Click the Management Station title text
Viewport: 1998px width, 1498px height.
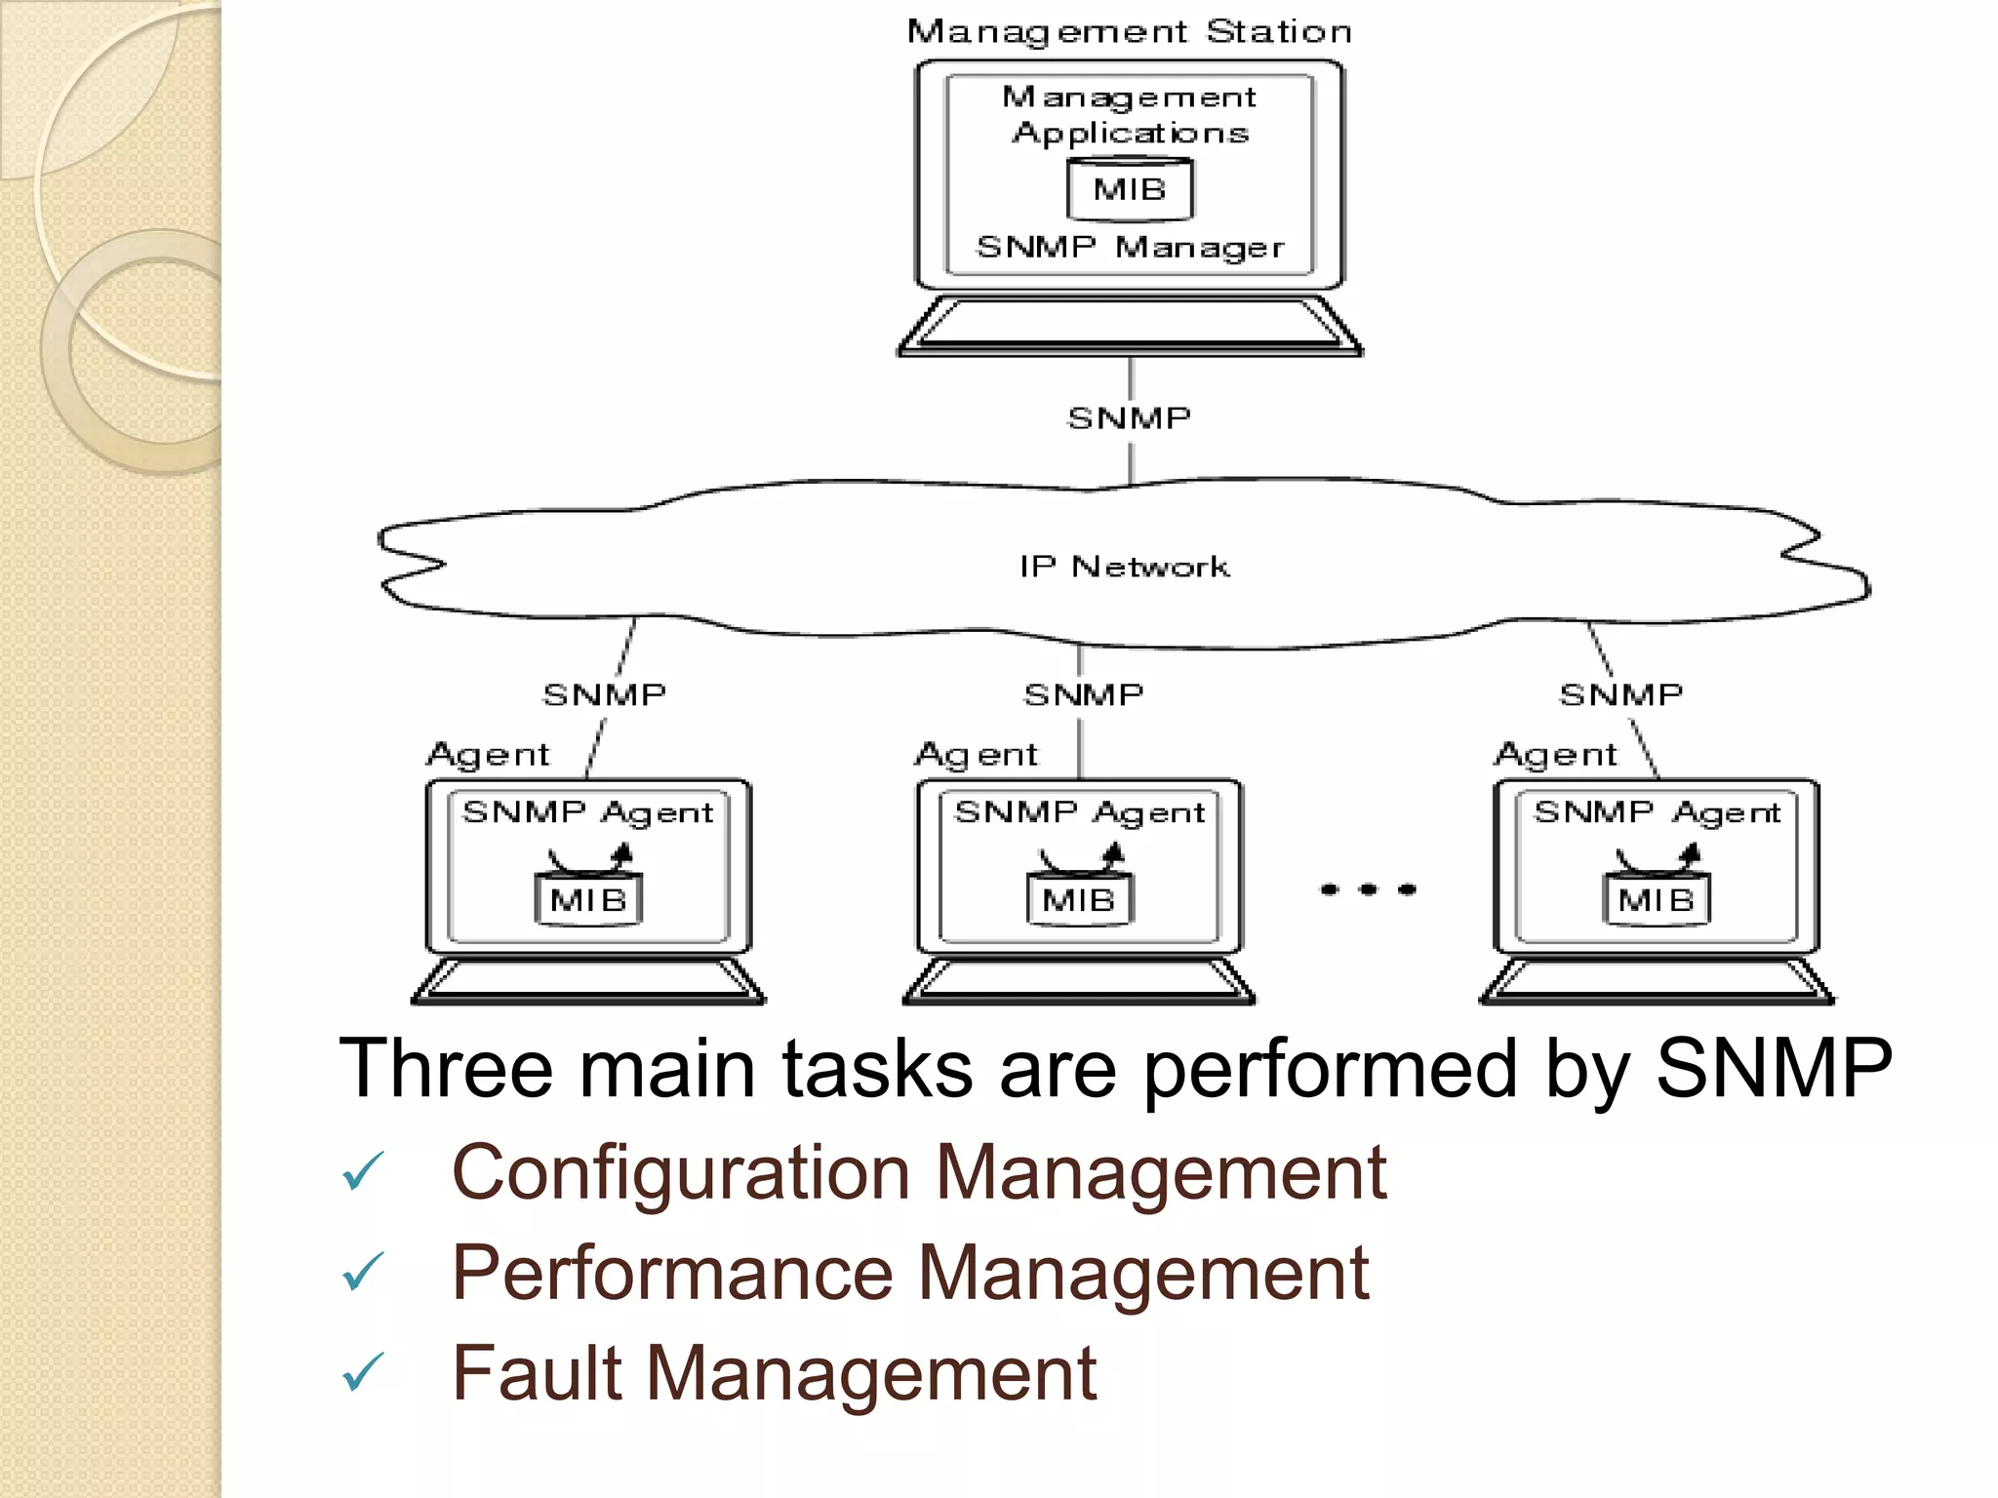(1129, 32)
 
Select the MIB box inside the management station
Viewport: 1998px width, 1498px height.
(1129, 189)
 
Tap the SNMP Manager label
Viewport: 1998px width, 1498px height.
(1130, 248)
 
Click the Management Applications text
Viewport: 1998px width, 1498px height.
(1130, 115)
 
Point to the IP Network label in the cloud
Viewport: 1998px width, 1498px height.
(1124, 567)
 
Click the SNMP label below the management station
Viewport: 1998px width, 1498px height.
(1129, 418)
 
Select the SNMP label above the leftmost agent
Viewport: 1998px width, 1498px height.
(604, 694)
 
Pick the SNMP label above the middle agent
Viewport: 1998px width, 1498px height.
(1083, 694)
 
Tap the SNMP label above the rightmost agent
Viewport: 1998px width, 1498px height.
(1620, 694)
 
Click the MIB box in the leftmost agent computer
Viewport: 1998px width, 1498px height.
(588, 899)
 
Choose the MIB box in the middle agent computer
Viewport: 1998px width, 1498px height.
(1079, 899)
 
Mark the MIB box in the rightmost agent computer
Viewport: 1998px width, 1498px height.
(1656, 899)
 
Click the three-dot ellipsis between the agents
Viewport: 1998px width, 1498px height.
(1368, 889)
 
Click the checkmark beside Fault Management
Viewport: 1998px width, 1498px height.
(363, 1372)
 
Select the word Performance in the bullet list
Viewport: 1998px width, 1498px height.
(672, 1274)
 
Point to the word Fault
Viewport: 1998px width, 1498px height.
(537, 1373)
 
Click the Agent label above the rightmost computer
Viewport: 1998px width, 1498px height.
(1555, 755)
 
